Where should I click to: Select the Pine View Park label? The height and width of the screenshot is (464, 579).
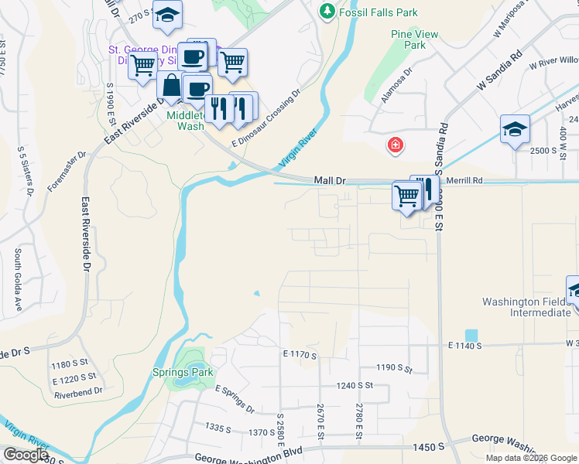414,39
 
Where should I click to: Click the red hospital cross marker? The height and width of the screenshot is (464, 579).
396,145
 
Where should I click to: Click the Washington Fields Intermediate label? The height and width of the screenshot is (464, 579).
527,307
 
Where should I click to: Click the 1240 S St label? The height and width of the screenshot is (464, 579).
355,385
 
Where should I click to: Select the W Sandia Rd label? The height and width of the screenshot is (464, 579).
501,72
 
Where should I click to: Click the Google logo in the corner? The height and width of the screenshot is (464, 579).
26,454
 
